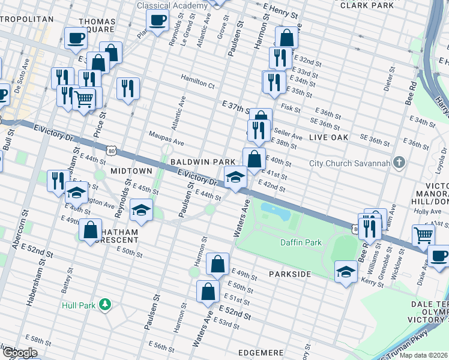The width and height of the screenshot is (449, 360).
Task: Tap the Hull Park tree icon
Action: [x=106, y=305]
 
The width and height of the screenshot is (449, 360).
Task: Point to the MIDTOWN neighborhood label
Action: [x=131, y=172]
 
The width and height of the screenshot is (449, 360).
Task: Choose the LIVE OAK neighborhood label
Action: [x=328, y=138]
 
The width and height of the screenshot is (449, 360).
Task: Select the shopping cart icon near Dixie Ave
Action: [x=424, y=235]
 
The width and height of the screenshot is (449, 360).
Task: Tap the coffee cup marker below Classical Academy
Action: [x=157, y=21]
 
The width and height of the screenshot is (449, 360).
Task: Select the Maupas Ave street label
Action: [x=167, y=140]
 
